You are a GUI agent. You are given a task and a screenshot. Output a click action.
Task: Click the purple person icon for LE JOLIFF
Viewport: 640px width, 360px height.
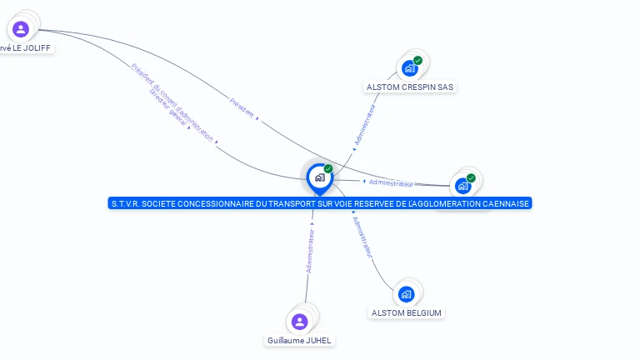21,29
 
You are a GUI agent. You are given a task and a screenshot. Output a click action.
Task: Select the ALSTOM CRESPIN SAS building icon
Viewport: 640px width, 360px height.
408,68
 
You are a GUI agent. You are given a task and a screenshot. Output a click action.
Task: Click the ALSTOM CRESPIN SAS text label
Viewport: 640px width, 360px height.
411,87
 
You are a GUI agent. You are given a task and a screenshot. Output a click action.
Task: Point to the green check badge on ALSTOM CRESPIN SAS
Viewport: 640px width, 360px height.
417,60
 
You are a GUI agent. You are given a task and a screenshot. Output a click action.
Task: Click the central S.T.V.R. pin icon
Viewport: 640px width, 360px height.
319,177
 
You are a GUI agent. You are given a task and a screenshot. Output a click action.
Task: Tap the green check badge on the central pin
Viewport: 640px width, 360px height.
328,169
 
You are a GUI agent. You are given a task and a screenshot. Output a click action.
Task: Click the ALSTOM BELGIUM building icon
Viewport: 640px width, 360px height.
406,293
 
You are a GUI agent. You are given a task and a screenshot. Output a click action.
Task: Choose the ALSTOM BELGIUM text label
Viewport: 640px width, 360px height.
407,312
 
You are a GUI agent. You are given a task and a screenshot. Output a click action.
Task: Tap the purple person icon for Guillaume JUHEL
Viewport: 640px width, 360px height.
300,321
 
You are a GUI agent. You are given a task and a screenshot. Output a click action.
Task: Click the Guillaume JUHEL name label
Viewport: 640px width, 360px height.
300,340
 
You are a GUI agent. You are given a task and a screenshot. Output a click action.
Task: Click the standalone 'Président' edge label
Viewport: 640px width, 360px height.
242,107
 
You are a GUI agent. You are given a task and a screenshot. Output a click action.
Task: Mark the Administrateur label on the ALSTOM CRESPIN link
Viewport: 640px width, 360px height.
365,125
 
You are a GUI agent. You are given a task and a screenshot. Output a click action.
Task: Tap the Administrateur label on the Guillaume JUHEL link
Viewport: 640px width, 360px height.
311,251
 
